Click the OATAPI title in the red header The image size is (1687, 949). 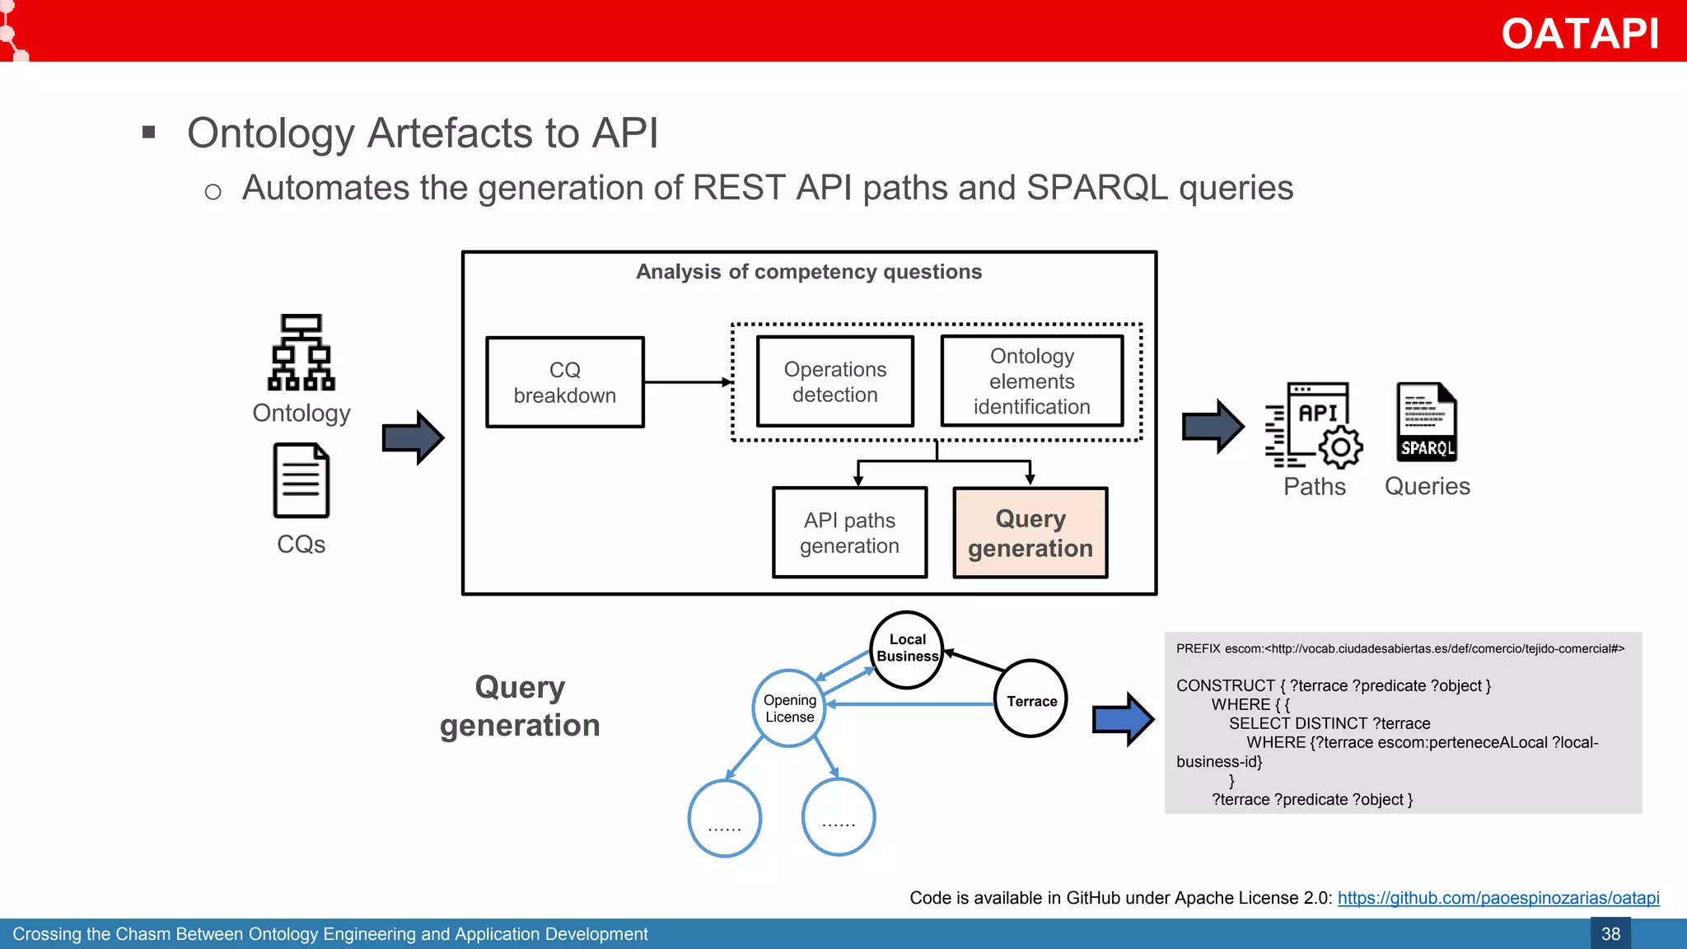coord(1579,34)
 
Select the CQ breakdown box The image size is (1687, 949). coord(564,382)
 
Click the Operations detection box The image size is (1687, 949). coord(834,381)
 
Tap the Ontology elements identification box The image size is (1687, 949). coord(1031,381)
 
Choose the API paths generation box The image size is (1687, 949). coord(849,533)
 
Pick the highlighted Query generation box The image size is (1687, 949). coord(1030,533)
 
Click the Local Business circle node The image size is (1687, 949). coord(906,649)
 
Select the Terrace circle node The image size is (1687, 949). coord(1030,699)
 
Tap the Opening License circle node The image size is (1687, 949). coord(789,708)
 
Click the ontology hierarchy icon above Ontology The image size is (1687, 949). coord(301,352)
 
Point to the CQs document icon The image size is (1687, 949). coord(301,480)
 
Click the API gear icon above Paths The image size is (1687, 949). coord(1315,425)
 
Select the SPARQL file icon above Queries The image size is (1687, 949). coord(1427,422)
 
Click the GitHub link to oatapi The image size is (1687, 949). coord(1498,898)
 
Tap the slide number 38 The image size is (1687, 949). coord(1610,933)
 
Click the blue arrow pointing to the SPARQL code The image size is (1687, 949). coord(1122,719)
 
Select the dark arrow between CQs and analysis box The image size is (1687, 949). coord(413,437)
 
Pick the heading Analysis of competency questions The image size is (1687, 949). coord(808,272)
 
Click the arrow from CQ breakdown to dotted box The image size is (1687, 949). coord(687,382)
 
